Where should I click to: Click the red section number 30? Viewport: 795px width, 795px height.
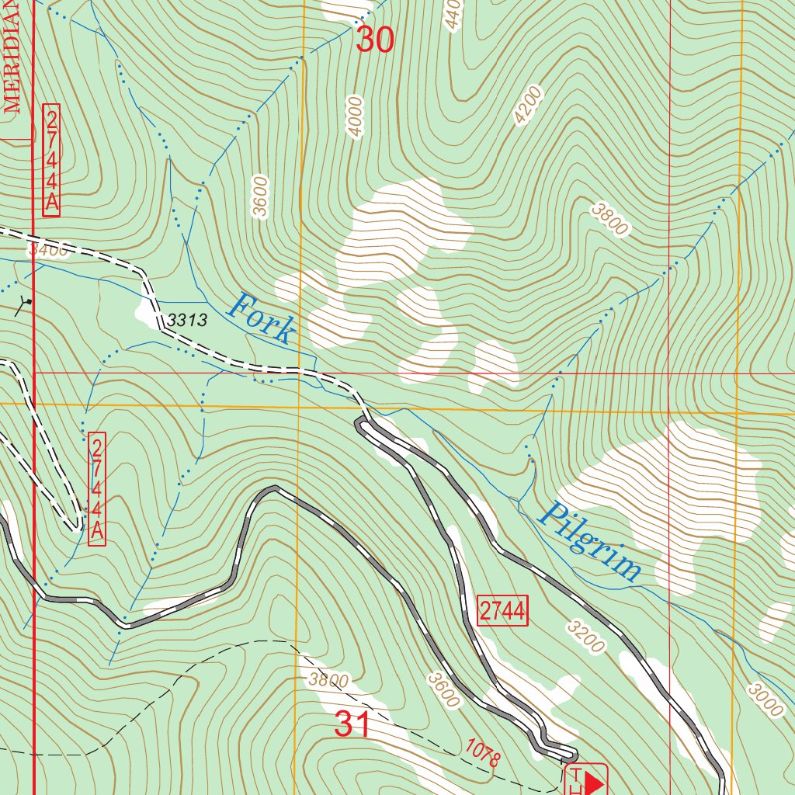(375, 40)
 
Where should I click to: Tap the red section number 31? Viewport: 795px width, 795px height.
(352, 724)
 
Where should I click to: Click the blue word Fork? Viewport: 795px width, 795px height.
(262, 318)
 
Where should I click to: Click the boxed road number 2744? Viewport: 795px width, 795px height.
(503, 611)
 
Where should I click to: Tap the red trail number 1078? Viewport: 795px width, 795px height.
(483, 752)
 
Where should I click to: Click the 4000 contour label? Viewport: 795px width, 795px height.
(356, 116)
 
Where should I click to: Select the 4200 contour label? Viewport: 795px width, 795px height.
(528, 105)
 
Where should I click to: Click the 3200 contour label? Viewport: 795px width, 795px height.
(585, 636)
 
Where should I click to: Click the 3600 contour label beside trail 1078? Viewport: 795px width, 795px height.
(444, 689)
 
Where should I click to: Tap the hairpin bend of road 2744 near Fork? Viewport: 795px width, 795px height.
(360, 424)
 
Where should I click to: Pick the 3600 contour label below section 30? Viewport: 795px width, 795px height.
(260, 198)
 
